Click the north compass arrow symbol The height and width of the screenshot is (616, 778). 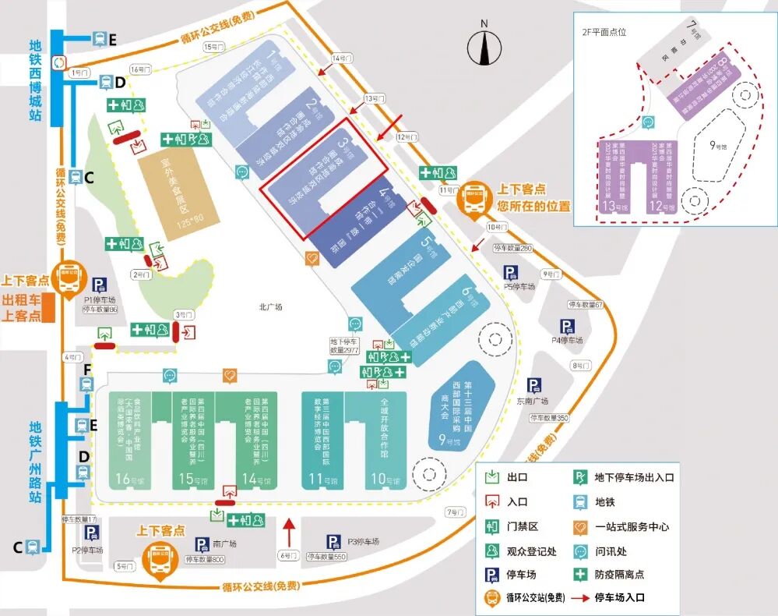pyautogui.click(x=484, y=48)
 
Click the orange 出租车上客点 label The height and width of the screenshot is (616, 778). pyautogui.click(x=22, y=307)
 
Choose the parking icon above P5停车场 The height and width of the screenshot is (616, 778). pyautogui.click(x=511, y=272)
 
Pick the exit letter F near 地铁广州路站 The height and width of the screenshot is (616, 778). pyautogui.click(x=87, y=369)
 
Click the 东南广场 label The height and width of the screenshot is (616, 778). pyautogui.click(x=533, y=402)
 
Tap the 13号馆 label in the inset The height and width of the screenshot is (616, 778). pyautogui.click(x=614, y=207)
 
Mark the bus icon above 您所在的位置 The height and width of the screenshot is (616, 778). pyautogui.click(x=473, y=196)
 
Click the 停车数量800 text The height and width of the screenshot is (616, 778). pyautogui.click(x=206, y=559)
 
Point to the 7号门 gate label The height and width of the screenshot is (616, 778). pyautogui.click(x=454, y=512)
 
